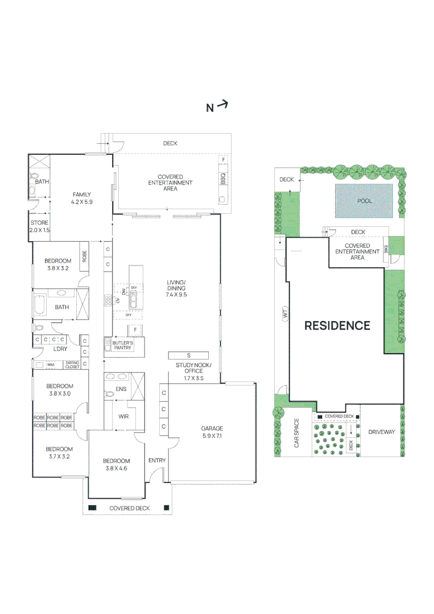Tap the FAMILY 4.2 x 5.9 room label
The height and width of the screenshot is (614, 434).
81,198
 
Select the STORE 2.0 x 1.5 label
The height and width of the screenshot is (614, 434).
40,226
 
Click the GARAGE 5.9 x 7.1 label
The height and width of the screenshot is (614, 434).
212,433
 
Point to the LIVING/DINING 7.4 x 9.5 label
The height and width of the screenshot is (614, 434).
176,288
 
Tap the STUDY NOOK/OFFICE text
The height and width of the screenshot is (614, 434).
193,371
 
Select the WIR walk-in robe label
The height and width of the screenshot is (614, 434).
123,416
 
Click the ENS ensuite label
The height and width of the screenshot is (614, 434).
121,389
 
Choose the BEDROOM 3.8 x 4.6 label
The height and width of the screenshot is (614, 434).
116,464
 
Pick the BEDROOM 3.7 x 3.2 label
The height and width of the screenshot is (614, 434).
59,453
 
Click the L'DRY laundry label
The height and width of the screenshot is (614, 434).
60,349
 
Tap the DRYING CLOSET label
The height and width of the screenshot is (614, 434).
72,365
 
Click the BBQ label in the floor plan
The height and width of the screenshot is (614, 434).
223,178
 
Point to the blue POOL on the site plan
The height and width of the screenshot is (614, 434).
364,201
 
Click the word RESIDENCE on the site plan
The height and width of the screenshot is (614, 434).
337,326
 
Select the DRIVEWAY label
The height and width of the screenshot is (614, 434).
381,432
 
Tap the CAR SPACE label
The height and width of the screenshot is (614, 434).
296,434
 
